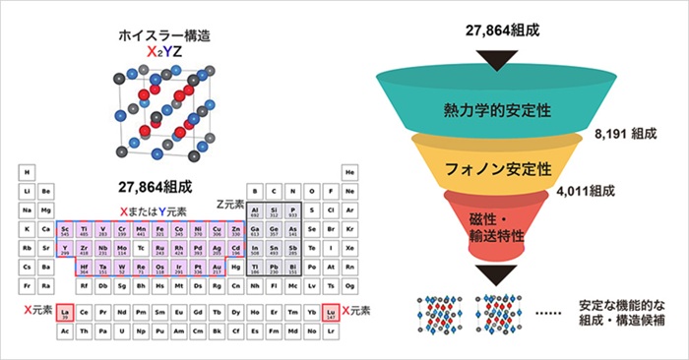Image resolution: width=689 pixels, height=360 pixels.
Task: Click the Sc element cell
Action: point(65,229)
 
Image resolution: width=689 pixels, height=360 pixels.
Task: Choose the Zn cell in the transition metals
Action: point(236,229)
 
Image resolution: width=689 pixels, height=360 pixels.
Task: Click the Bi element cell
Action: point(292,267)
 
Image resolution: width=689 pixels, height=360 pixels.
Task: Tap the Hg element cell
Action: point(236,267)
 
